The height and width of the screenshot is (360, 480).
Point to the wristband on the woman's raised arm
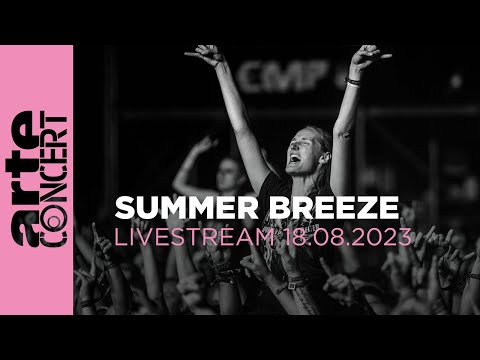352,81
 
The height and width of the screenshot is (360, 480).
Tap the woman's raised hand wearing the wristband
367,58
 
